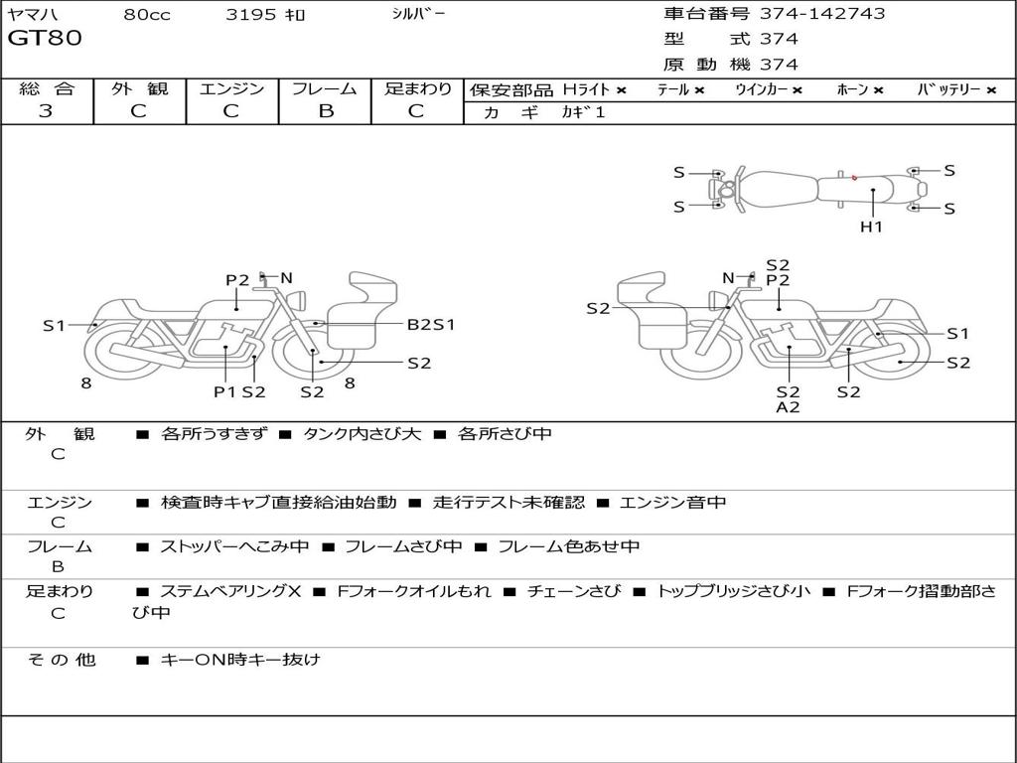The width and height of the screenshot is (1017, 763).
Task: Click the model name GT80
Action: point(45,39)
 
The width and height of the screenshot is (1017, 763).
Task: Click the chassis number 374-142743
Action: point(821,14)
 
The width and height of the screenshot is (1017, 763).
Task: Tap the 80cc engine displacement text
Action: point(145,15)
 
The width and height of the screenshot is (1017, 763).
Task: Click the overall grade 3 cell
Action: point(46,111)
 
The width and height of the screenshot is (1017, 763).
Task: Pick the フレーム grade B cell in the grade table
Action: point(325,111)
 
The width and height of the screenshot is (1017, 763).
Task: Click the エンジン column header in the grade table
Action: point(231,88)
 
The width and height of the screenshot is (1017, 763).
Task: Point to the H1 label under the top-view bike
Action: point(871,227)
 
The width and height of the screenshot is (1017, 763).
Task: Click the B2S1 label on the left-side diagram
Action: point(431,324)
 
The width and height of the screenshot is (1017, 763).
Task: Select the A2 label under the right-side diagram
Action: point(788,407)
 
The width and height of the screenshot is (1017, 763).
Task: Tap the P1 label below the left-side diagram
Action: point(224,391)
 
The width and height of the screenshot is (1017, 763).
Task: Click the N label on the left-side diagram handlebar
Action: point(286,278)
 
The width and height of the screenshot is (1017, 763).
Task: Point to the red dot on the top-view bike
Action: point(854,178)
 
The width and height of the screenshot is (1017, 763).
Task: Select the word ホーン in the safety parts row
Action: point(852,89)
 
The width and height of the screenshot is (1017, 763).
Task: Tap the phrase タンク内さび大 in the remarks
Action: point(363,434)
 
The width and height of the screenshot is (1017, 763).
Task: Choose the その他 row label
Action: point(61,659)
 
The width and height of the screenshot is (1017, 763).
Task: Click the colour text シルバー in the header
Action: point(418,14)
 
